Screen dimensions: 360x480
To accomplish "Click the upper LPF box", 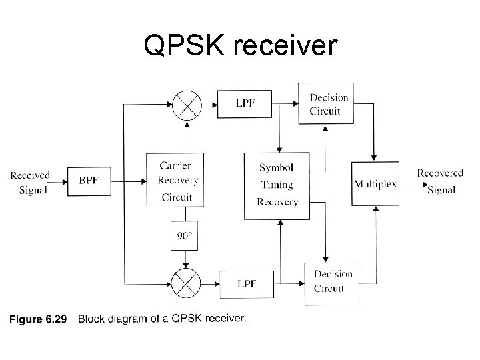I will coord(244,103).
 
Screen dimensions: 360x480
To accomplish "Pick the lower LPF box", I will coord(245,285).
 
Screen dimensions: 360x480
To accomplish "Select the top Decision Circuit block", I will coord(329,104).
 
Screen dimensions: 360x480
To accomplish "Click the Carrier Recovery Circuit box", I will coord(175,181).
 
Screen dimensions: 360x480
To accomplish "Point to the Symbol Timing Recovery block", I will coord(277,185).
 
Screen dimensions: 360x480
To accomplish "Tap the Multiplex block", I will coord(375,184).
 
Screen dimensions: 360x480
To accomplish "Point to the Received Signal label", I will coord(29,181).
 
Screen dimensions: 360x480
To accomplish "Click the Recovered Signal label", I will coord(440,181).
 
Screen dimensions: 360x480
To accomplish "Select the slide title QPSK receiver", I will coord(241,45).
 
